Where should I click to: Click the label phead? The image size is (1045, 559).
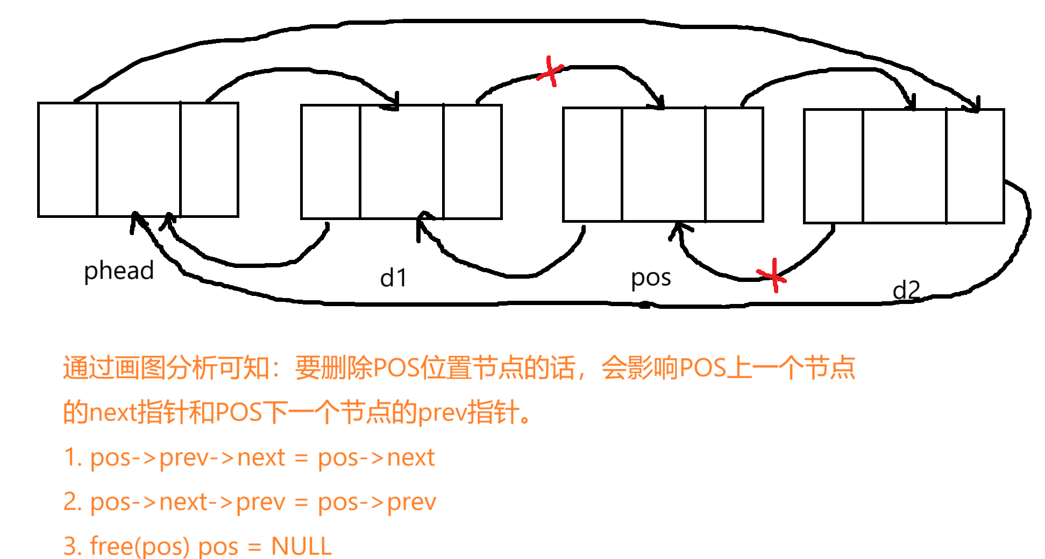[x=119, y=271]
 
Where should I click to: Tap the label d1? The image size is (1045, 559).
[x=393, y=278]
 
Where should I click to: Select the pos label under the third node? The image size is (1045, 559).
[x=651, y=278]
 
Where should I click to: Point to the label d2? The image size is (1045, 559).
[x=906, y=291]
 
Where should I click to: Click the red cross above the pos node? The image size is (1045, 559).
[x=550, y=72]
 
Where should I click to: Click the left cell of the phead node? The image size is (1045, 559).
[x=68, y=160]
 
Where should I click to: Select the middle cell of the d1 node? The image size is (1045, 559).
[x=402, y=162]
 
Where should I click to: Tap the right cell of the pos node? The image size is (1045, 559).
[x=734, y=164]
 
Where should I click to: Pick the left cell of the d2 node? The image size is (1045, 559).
[x=833, y=166]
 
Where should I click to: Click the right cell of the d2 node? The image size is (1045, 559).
[x=975, y=166]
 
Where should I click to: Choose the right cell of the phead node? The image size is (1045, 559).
[x=209, y=160]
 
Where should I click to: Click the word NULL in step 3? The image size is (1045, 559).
[x=301, y=546]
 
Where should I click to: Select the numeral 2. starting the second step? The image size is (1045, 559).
[x=72, y=502]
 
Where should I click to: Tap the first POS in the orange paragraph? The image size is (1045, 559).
[x=396, y=368]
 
